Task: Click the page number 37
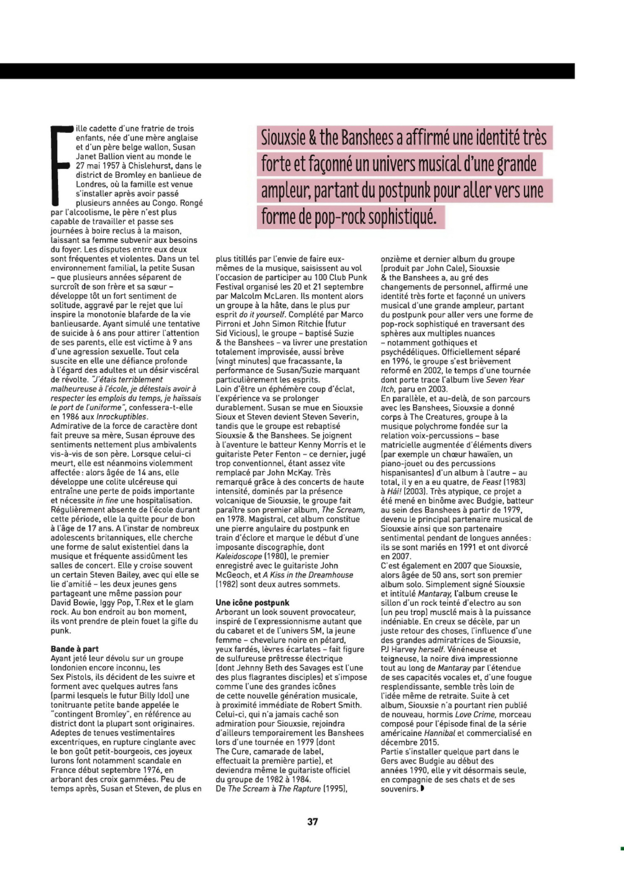tap(313, 833)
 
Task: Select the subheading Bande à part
tap(74, 649)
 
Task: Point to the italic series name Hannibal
tap(439, 733)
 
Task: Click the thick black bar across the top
tap(287, 71)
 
